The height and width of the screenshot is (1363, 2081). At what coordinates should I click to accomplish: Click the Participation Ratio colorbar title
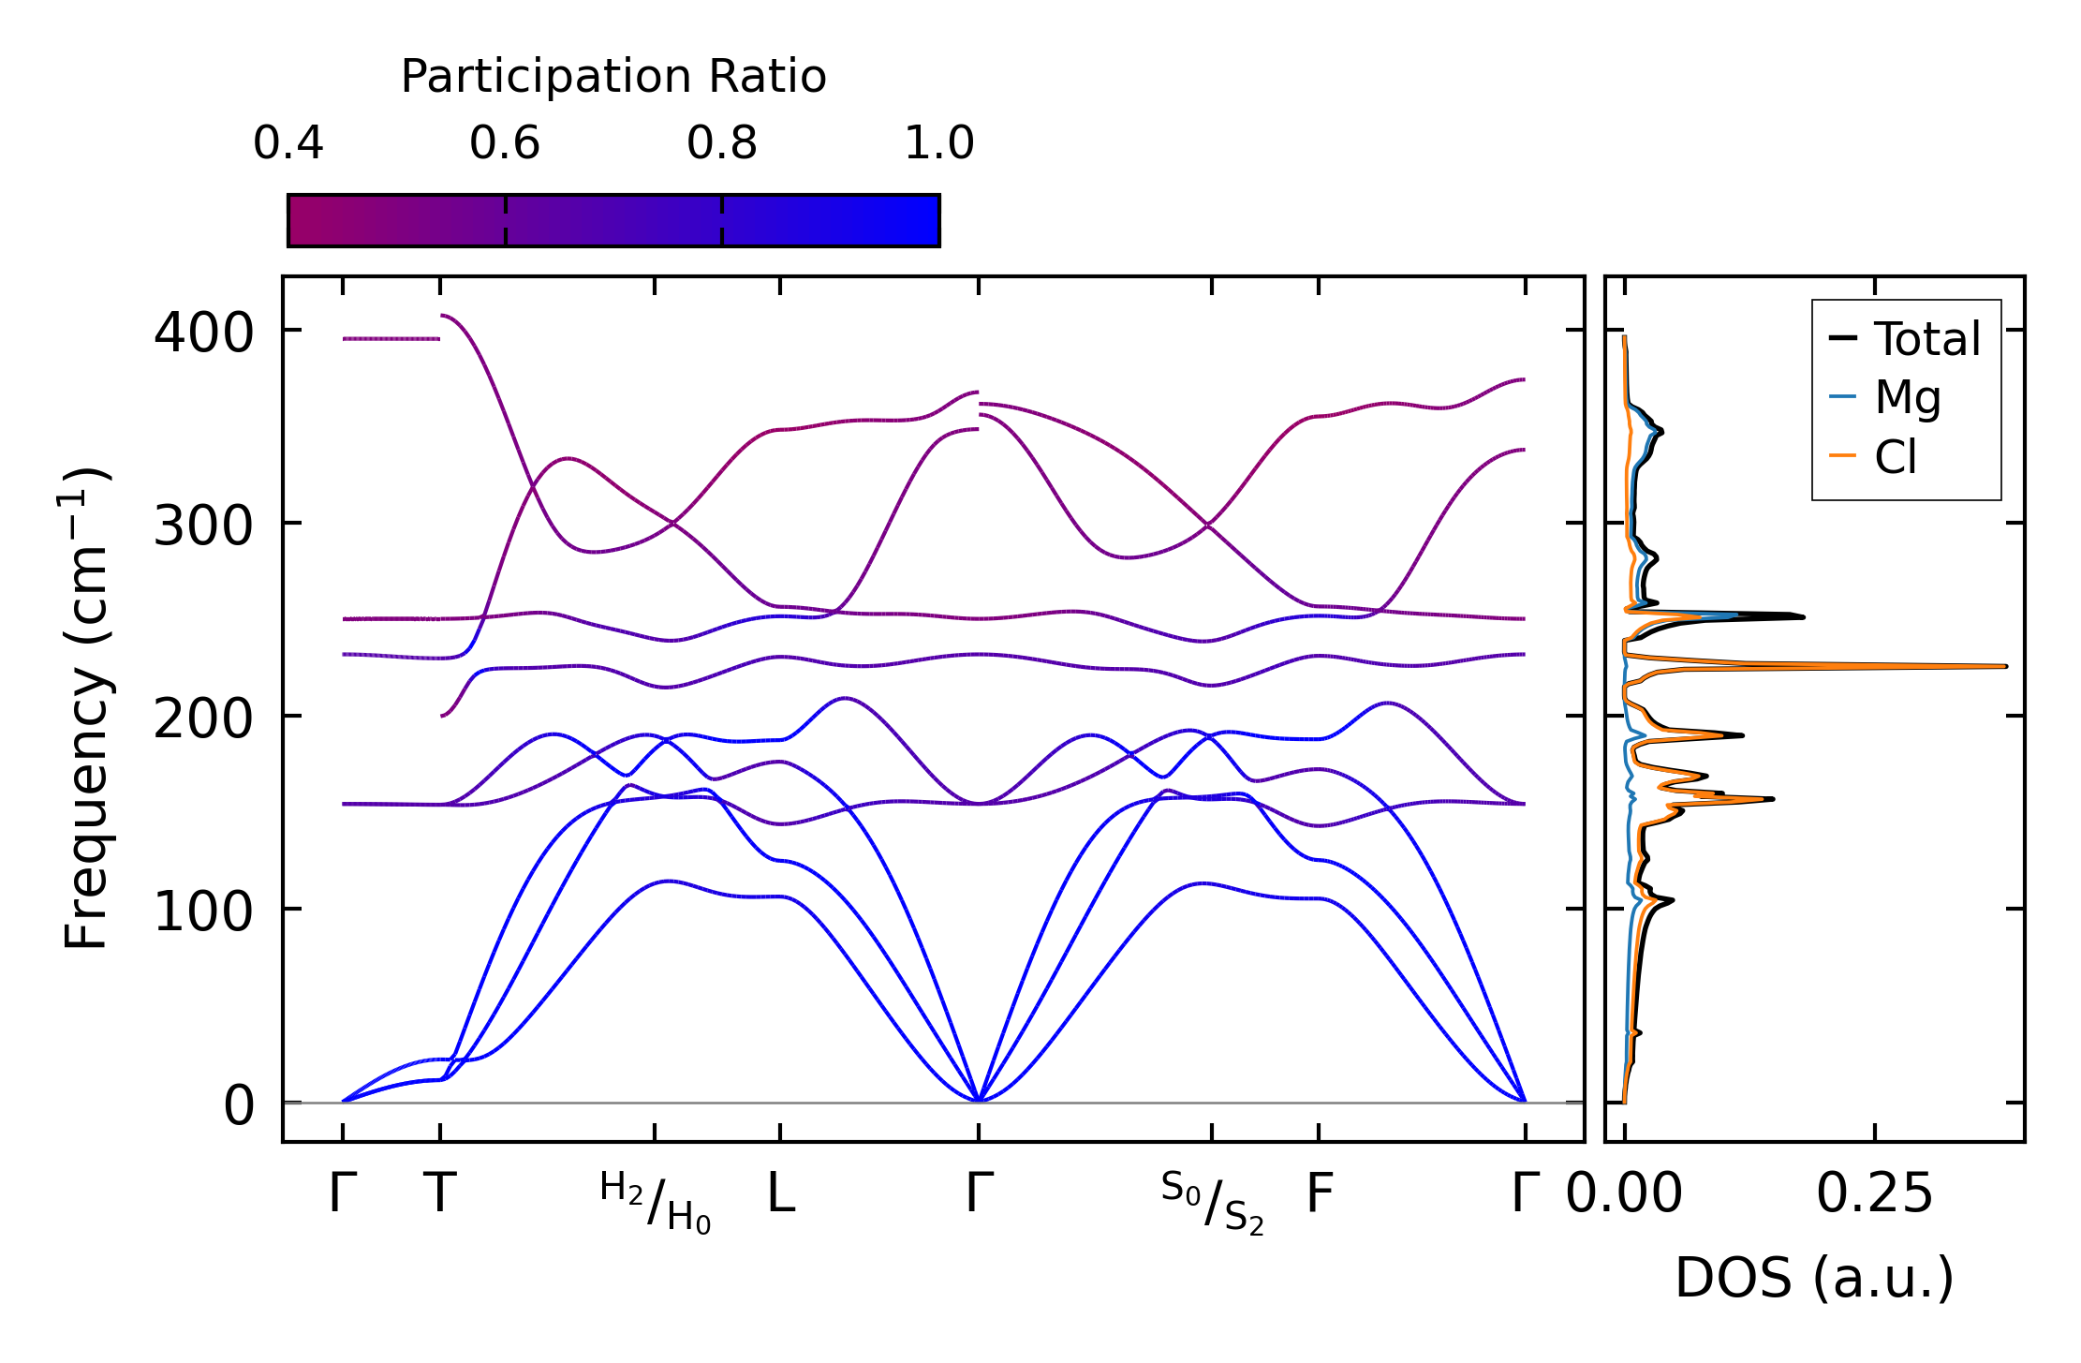pyautogui.click(x=613, y=77)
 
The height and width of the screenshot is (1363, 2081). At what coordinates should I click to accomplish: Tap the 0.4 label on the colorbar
pyautogui.click(x=288, y=143)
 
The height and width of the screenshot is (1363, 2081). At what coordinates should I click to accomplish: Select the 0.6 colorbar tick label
pyautogui.click(x=505, y=143)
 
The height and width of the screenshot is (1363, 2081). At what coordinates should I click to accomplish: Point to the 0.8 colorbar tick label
pyautogui.click(x=722, y=143)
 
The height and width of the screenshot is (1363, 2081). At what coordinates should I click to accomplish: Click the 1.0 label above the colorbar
pyautogui.click(x=939, y=143)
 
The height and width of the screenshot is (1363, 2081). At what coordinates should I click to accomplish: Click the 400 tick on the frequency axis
pyautogui.click(x=203, y=333)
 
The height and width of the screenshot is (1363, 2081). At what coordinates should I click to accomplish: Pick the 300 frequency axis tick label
pyautogui.click(x=203, y=526)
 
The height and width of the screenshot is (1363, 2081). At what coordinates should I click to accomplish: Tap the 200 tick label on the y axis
pyautogui.click(x=203, y=719)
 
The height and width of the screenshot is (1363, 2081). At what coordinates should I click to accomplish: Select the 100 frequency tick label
pyautogui.click(x=203, y=911)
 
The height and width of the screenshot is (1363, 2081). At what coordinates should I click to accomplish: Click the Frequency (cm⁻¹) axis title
pyautogui.click(x=86, y=708)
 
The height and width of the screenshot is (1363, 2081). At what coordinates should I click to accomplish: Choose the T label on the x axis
pyautogui.click(x=440, y=1194)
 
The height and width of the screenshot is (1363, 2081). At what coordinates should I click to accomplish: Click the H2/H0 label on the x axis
pyautogui.click(x=656, y=1202)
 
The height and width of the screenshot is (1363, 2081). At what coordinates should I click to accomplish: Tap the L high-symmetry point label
pyautogui.click(x=781, y=1194)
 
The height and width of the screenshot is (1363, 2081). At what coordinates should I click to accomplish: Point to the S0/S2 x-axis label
pyautogui.click(x=1212, y=1203)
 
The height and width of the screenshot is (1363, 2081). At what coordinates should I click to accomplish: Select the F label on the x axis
pyautogui.click(x=1320, y=1194)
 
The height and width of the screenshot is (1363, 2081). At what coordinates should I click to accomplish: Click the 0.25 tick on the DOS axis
pyautogui.click(x=1874, y=1194)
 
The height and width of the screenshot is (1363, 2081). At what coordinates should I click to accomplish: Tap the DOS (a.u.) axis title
pyautogui.click(x=1814, y=1278)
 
